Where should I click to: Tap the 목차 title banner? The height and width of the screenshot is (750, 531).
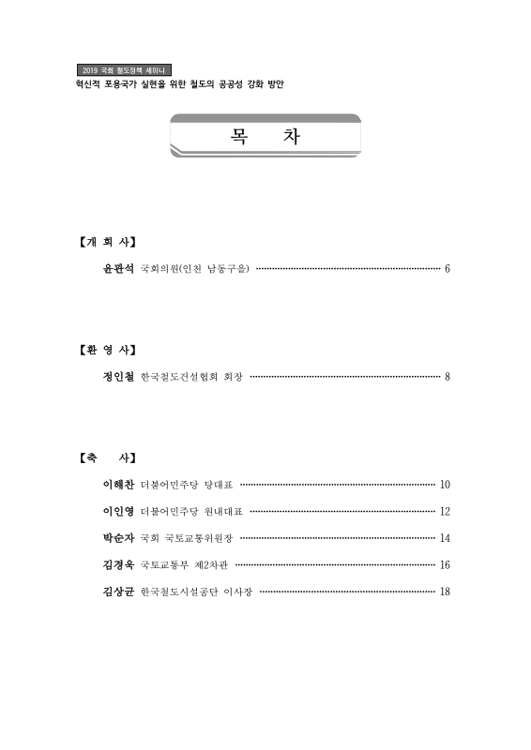click(x=265, y=136)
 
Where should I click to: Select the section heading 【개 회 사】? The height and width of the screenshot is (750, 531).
click(x=107, y=242)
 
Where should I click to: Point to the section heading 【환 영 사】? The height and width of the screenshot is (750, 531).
click(x=107, y=351)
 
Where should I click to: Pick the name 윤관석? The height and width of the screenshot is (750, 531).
click(x=118, y=269)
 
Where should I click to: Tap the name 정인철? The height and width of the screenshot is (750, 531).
click(x=118, y=378)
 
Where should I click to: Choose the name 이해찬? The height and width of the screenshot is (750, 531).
click(x=118, y=486)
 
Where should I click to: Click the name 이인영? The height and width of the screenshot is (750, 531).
click(x=118, y=512)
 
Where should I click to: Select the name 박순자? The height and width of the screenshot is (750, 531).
click(x=118, y=539)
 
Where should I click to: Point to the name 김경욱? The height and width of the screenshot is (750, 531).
click(x=118, y=565)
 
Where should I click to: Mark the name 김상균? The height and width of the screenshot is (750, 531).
click(x=118, y=592)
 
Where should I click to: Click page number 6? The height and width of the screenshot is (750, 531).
click(x=448, y=270)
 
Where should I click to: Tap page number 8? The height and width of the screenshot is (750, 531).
click(x=448, y=378)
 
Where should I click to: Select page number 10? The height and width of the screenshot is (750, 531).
click(x=446, y=486)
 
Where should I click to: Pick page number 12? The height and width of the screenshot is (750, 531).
click(x=446, y=512)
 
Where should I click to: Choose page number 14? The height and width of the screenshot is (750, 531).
click(x=446, y=539)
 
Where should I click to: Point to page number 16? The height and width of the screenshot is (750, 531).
click(x=446, y=565)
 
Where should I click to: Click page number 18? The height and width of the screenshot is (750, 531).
click(x=446, y=592)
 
